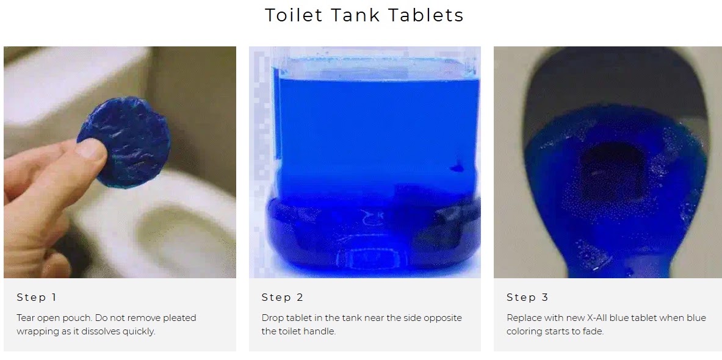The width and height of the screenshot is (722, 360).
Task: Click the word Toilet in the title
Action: click(x=294, y=15)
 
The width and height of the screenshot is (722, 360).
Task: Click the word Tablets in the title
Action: click(x=425, y=15)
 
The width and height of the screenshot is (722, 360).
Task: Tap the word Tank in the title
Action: click(x=355, y=15)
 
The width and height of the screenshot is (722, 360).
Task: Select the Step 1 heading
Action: click(x=37, y=297)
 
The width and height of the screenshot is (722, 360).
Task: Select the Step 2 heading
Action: click(x=282, y=297)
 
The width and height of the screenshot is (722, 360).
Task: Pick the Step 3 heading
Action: click(x=527, y=297)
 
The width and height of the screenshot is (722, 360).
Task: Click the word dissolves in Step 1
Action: click(x=98, y=331)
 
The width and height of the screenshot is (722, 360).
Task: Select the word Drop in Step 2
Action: click(x=272, y=318)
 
